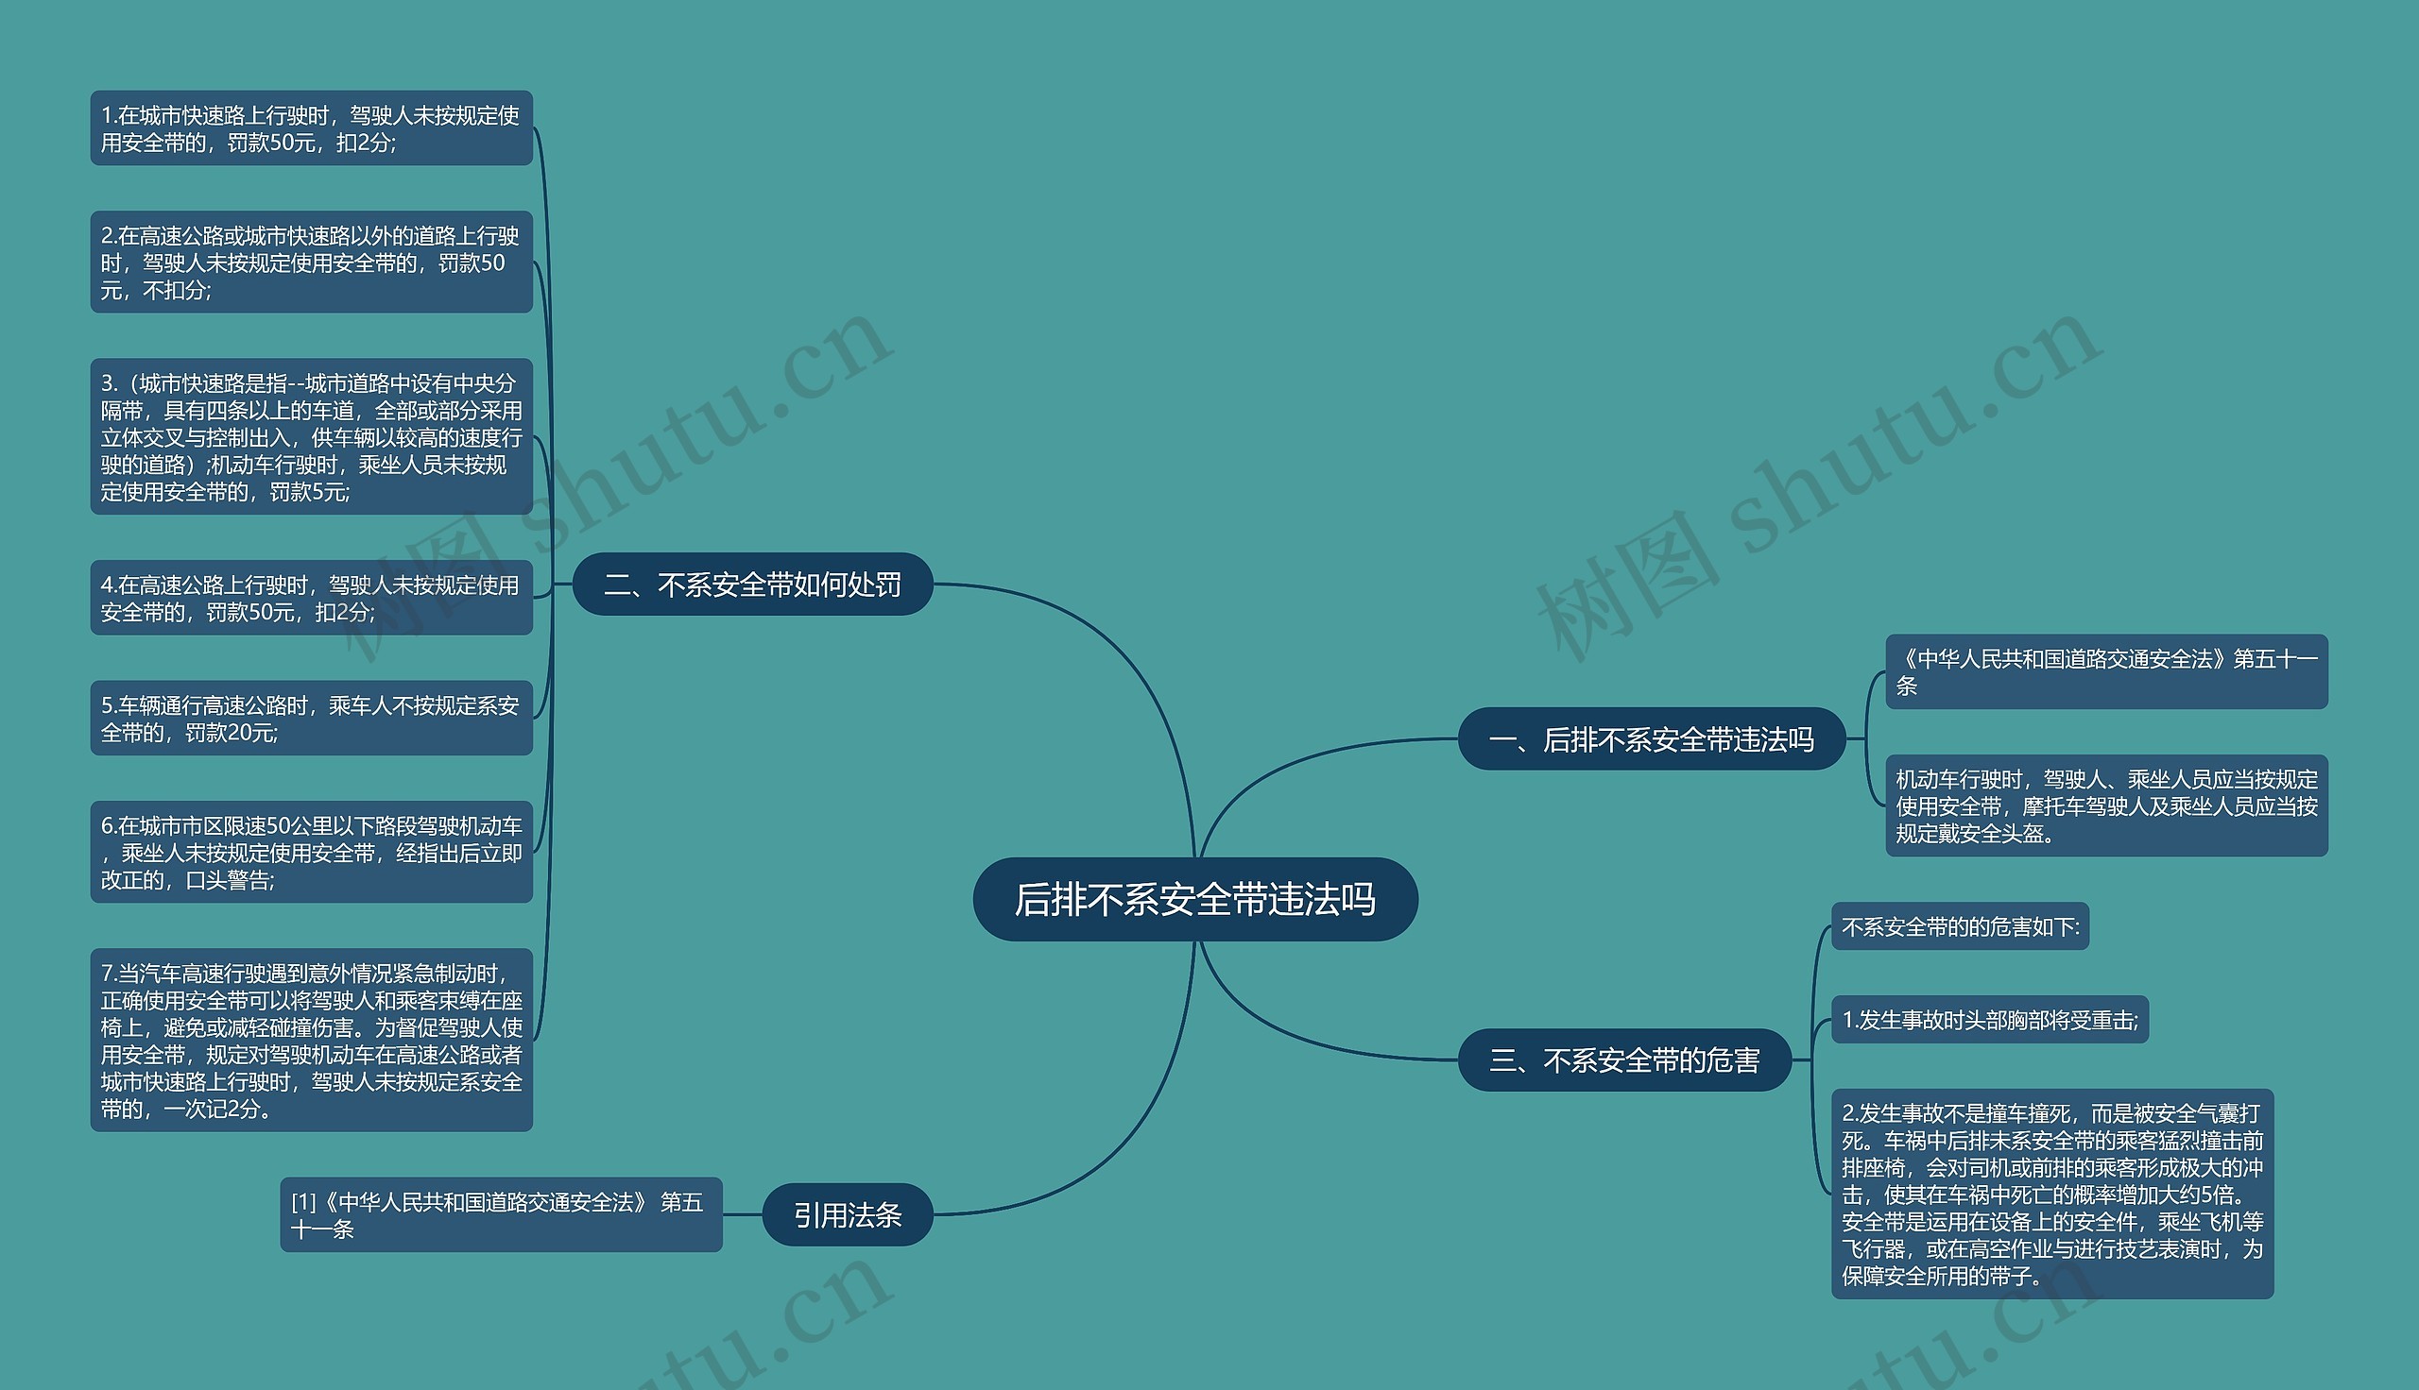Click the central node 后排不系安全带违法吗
(x=1193, y=899)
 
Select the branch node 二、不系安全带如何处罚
(x=751, y=585)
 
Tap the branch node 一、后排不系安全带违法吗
(x=1650, y=739)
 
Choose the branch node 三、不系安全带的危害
(x=1623, y=1059)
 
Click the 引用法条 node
(x=847, y=1214)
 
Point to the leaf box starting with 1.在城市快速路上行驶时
(x=310, y=127)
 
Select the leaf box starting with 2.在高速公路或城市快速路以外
(x=310, y=262)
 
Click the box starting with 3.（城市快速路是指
(x=310, y=436)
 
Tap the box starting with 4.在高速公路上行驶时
(x=310, y=598)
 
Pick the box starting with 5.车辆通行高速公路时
(x=310, y=718)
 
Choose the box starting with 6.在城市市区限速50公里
(x=310, y=852)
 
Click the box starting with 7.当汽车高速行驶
(x=310, y=1040)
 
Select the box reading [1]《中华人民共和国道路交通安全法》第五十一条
(x=501, y=1214)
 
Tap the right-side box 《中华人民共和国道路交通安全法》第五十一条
(x=2106, y=671)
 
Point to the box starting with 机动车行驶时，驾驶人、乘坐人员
(x=2106, y=805)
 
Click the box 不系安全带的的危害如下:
(x=1960, y=926)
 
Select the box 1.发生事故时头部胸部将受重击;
(x=1989, y=1020)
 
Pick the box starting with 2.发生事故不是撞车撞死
(x=2051, y=1194)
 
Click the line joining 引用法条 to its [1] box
(x=742, y=1214)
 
